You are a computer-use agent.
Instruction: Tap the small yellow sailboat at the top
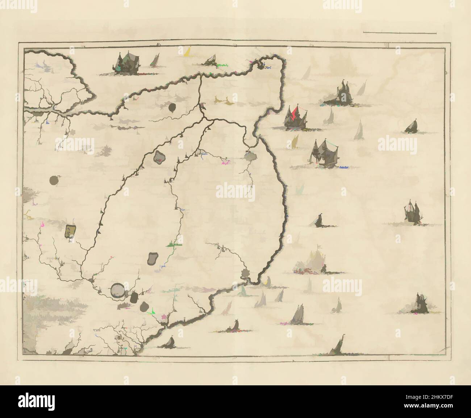(x=187, y=52)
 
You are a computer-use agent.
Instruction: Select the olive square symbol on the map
(x=70, y=231)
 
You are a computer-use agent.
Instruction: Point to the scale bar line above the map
(x=399, y=33)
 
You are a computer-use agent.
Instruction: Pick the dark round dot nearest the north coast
(x=172, y=107)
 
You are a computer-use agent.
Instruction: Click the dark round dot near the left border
(x=54, y=180)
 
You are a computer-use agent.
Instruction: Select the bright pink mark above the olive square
(x=43, y=225)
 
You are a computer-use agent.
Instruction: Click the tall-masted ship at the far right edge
(x=412, y=212)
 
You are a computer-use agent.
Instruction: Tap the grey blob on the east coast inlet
(x=250, y=156)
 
